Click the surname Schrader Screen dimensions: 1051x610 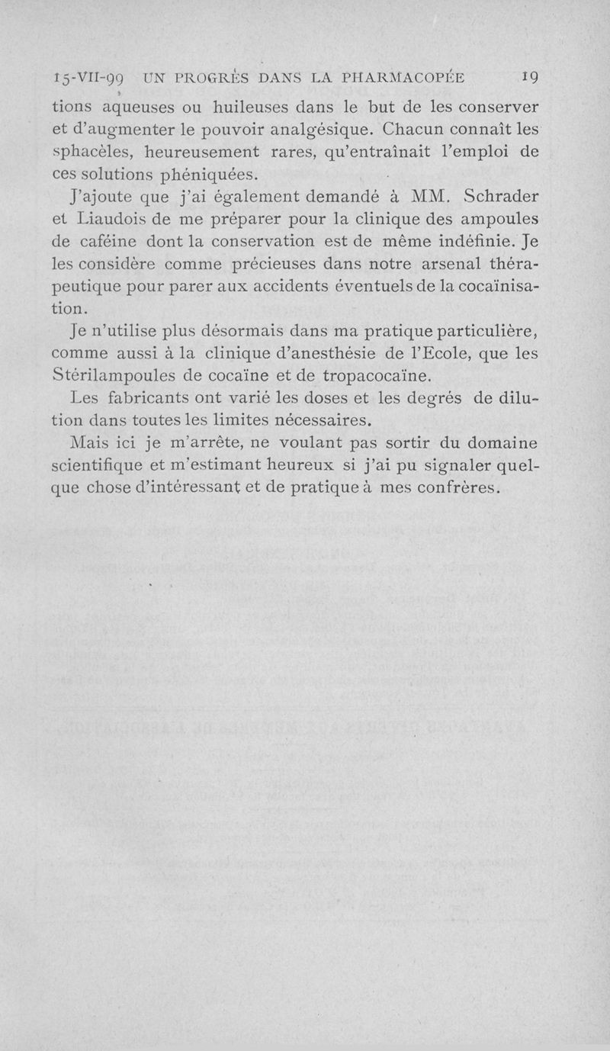pyautogui.click(x=500, y=198)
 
